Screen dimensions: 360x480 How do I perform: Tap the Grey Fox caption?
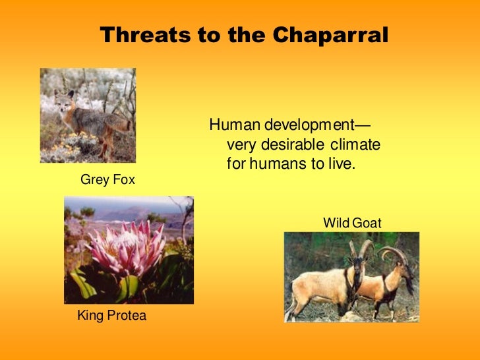[107, 179]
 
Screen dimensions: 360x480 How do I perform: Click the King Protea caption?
[111, 315]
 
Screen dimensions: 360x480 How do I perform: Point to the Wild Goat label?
[351, 224]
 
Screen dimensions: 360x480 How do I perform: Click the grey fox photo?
[88, 115]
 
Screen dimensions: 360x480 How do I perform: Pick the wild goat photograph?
[351, 276]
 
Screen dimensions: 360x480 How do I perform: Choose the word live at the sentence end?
[342, 164]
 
